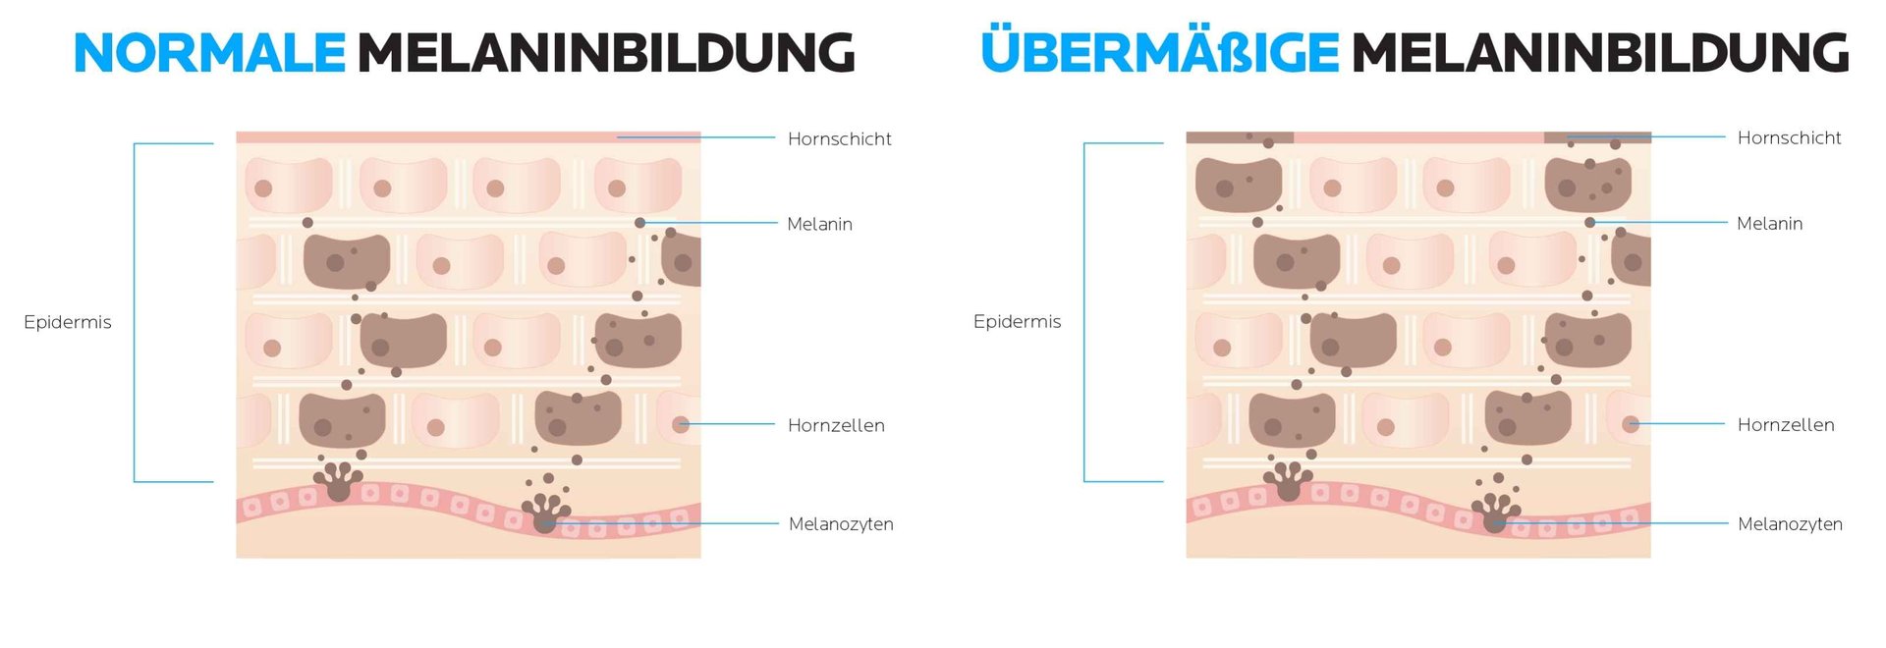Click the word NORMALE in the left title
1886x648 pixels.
click(x=209, y=53)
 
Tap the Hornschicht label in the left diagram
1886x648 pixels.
click(x=839, y=139)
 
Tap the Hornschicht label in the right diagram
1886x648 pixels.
click(x=1789, y=138)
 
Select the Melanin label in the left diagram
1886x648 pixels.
click(x=819, y=225)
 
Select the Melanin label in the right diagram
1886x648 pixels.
click(x=1769, y=224)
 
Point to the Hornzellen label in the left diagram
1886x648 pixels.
click(x=836, y=426)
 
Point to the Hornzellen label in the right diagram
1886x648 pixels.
click(x=1786, y=425)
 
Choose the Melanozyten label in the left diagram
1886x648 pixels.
click(x=841, y=524)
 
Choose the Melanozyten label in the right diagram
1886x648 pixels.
click(x=1790, y=524)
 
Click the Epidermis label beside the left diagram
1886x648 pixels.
click(x=68, y=322)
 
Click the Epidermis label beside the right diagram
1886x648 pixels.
click(x=1017, y=321)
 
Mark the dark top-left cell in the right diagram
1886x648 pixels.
click(x=1238, y=185)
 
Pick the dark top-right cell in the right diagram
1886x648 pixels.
click(x=1587, y=185)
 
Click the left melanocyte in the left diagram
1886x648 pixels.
click(x=338, y=481)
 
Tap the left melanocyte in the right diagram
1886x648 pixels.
click(x=1288, y=481)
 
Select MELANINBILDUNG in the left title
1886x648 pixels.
click(x=605, y=53)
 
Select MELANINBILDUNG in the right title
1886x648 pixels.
click(x=1600, y=53)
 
